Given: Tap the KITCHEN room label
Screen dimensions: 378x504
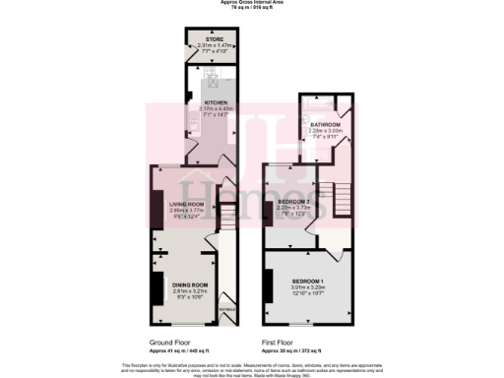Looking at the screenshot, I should (x=216, y=101).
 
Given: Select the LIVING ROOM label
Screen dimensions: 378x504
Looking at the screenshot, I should (x=185, y=204).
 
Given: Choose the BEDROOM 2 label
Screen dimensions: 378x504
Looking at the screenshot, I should (x=294, y=201).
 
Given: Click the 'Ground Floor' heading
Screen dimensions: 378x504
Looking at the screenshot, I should (x=168, y=343).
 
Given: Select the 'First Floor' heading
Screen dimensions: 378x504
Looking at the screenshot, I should (x=281, y=343).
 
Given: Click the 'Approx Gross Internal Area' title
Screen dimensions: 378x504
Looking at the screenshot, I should (x=252, y=3).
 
